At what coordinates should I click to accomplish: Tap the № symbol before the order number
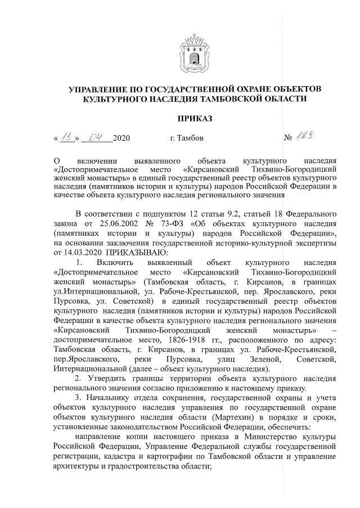(x=288, y=138)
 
